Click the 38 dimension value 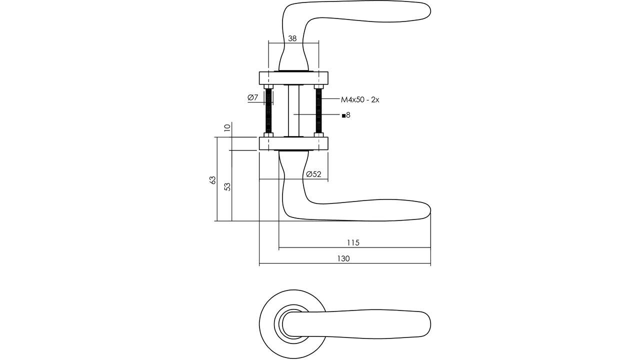pyautogui.click(x=292, y=38)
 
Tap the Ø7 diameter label pyautogui.click(x=253, y=97)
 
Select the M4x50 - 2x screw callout pyautogui.click(x=360, y=99)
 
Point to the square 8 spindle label pyautogui.click(x=346, y=115)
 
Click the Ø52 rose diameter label pyautogui.click(x=313, y=174)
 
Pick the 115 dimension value pyautogui.click(x=353, y=242)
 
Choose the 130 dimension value pyautogui.click(x=343, y=258)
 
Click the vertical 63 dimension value pyautogui.click(x=212, y=180)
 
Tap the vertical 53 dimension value pyautogui.click(x=227, y=186)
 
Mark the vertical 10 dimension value pyautogui.click(x=227, y=128)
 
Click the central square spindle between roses pyautogui.click(x=293, y=111)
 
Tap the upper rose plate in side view pyautogui.click(x=293, y=77)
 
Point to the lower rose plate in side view pyautogui.click(x=293, y=143)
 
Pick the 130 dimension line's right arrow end pyautogui.click(x=429, y=263)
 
